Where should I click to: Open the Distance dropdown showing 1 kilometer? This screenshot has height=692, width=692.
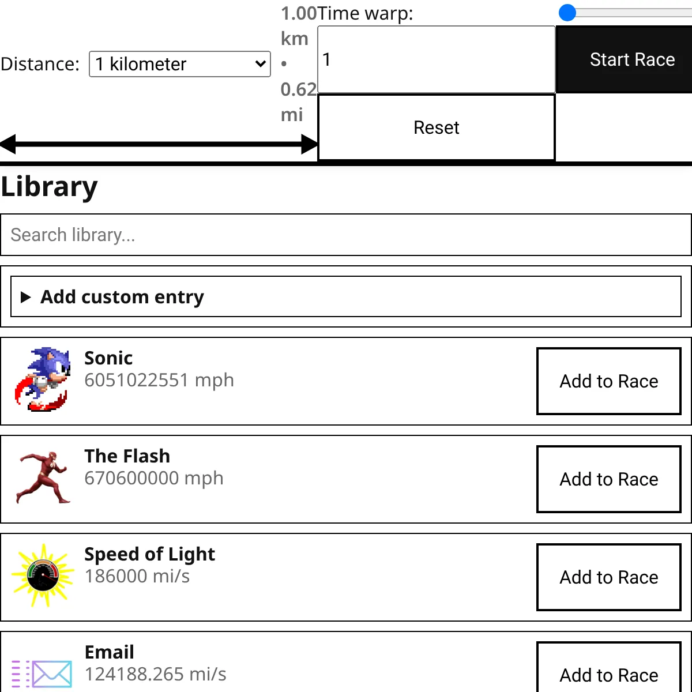tap(179, 64)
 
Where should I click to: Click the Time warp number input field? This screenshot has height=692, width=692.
tap(436, 59)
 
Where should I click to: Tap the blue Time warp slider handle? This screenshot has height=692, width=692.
tap(567, 13)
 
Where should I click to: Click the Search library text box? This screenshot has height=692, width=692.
tap(346, 235)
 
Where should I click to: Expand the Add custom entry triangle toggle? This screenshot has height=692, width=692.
tap(25, 297)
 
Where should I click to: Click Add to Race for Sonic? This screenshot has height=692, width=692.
tap(608, 381)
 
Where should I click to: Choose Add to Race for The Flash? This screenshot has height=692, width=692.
tap(608, 479)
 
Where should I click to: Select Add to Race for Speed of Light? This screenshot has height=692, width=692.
tap(608, 577)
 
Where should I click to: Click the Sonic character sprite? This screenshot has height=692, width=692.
tap(42, 379)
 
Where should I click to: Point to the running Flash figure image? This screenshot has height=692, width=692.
tap(43, 477)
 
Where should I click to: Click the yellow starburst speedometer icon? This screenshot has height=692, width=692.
tap(43, 575)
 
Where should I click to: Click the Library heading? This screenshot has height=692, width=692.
tap(50, 187)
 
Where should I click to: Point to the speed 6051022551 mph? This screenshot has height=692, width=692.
tap(159, 381)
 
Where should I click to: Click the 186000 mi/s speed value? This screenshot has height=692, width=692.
tap(137, 577)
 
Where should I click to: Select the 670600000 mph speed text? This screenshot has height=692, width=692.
tap(154, 479)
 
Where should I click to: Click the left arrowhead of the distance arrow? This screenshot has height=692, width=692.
tap(9, 144)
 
